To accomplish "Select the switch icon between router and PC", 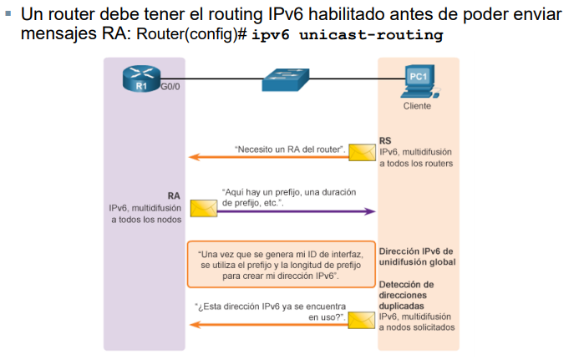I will pyautogui.click(x=286, y=80).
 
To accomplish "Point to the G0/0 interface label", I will pyautogui.click(x=170, y=87).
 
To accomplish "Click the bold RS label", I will pyautogui.click(x=385, y=141).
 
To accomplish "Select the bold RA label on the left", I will pyautogui.click(x=174, y=195).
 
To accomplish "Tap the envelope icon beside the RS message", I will pyautogui.click(x=362, y=153).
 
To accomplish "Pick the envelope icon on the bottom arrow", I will pyautogui.click(x=361, y=320).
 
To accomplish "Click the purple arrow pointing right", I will pyautogui.click(x=292, y=211).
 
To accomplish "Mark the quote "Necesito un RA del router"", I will pyautogui.click(x=291, y=150).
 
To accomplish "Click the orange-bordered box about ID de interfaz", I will pyautogui.click(x=280, y=264).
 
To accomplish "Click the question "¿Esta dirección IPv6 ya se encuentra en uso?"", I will pyautogui.click(x=270, y=312).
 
